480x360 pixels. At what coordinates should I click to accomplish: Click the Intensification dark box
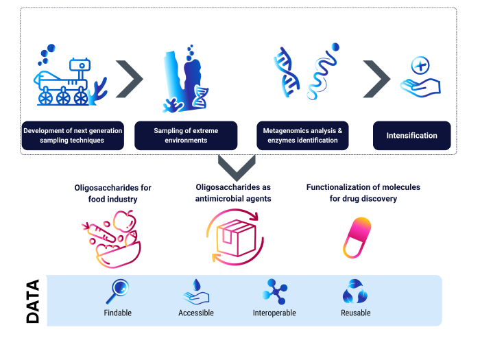(411, 136)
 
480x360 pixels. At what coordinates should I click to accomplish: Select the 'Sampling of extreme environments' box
(186, 136)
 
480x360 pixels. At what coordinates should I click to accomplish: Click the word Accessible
(196, 313)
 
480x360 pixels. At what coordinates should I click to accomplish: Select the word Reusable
(355, 313)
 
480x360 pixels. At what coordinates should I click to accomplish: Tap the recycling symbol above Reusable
(355, 291)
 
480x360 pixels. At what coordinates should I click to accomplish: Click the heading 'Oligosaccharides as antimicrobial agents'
(234, 193)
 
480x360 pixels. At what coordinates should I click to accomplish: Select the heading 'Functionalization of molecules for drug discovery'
(363, 193)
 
